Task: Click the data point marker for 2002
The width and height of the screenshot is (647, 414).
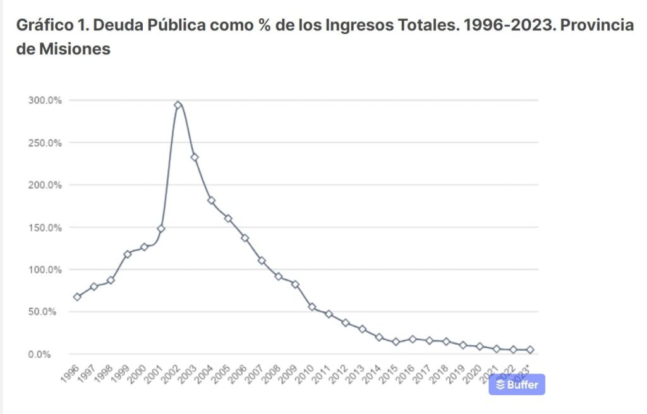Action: (178, 105)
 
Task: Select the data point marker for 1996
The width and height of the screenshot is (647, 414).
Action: (77, 297)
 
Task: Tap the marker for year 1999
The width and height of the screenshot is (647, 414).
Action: (128, 254)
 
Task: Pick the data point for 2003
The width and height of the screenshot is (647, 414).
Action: (195, 157)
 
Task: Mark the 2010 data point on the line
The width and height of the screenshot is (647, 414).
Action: (312, 307)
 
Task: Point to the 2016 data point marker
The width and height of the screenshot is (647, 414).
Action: (413, 339)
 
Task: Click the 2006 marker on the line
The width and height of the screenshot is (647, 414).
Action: (245, 238)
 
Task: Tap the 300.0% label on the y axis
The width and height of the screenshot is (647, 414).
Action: (45, 100)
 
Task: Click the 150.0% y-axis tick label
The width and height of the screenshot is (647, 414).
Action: (45, 227)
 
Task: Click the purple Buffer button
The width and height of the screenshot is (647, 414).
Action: (517, 384)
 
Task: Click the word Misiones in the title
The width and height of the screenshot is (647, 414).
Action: (75, 49)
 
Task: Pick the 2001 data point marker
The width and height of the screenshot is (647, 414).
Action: (161, 228)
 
